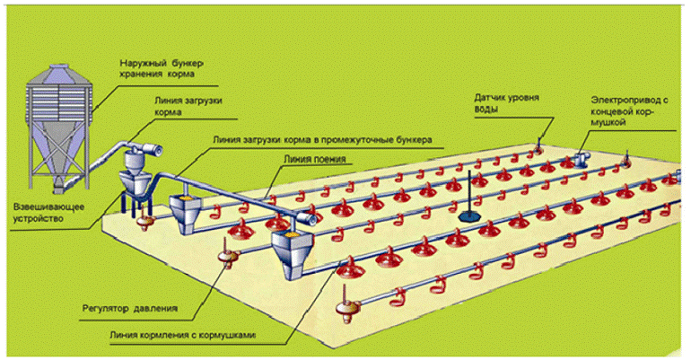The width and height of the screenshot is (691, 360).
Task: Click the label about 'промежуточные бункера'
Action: [324, 140]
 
